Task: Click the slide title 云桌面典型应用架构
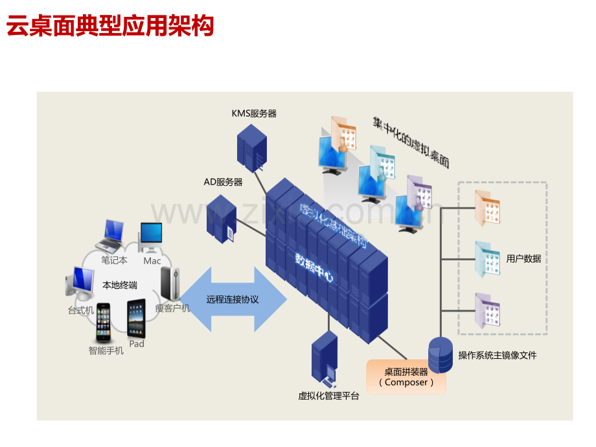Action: click(x=110, y=27)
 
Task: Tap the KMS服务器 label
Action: click(x=254, y=113)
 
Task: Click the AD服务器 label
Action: click(x=223, y=182)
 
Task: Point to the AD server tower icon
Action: click(x=221, y=218)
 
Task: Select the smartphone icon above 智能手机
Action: click(x=104, y=323)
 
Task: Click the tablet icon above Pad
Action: click(x=137, y=318)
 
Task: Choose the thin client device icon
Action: click(x=170, y=286)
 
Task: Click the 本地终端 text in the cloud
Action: click(x=120, y=285)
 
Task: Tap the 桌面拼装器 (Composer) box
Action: click(x=406, y=377)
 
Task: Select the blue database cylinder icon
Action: click(x=441, y=356)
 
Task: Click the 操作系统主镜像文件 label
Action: click(x=498, y=355)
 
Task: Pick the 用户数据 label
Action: click(x=523, y=258)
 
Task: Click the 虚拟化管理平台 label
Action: click(x=328, y=396)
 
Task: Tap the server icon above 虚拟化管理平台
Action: click(x=324, y=358)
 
